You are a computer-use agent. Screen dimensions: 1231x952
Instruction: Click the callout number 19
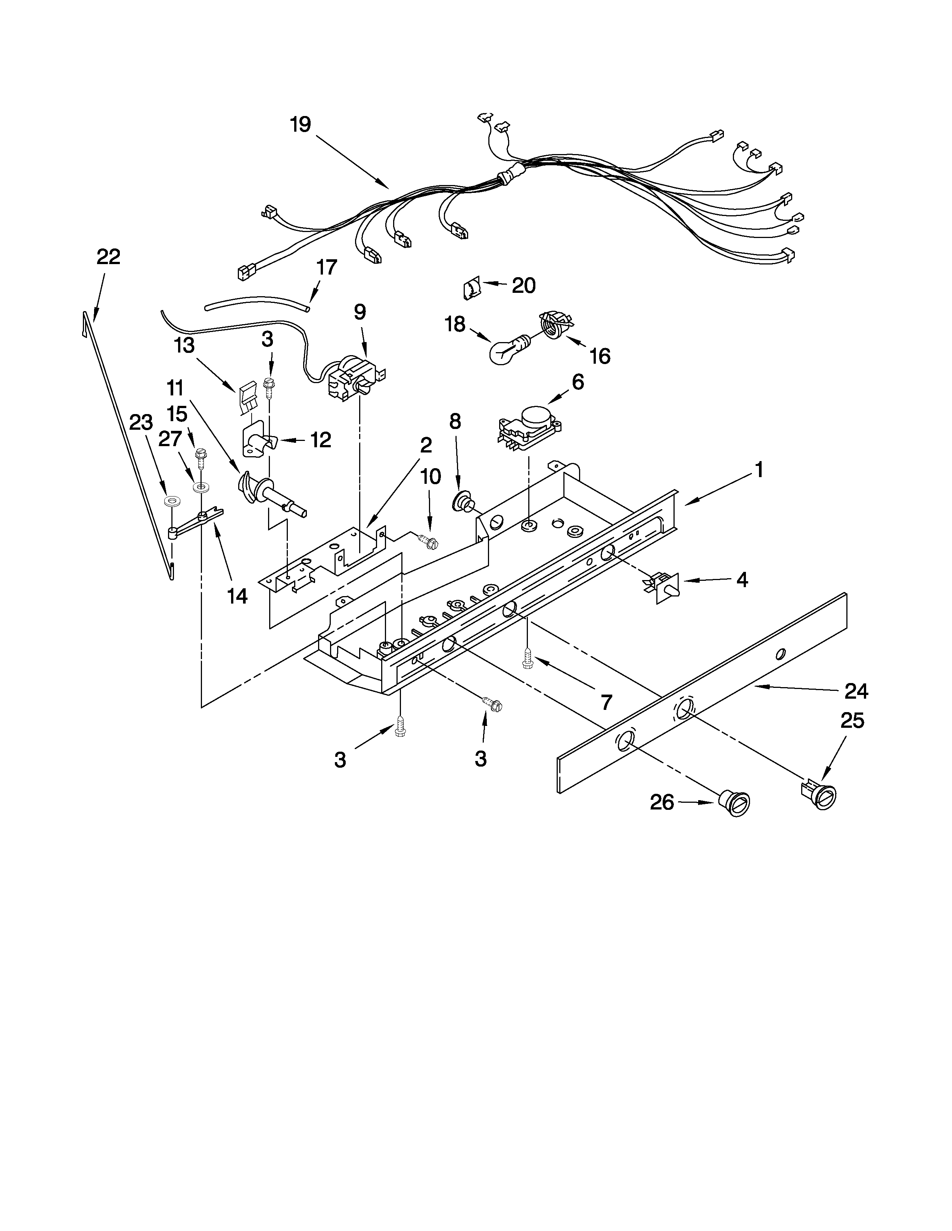click(x=301, y=125)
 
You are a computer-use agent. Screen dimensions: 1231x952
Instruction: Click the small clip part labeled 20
click(x=471, y=289)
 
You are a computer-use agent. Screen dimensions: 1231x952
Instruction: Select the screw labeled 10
click(x=429, y=541)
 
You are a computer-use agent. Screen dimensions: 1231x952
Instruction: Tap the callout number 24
click(x=856, y=691)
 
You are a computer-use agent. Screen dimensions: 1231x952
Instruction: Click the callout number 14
click(x=237, y=596)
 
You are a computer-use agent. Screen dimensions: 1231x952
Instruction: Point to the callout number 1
click(x=759, y=470)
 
